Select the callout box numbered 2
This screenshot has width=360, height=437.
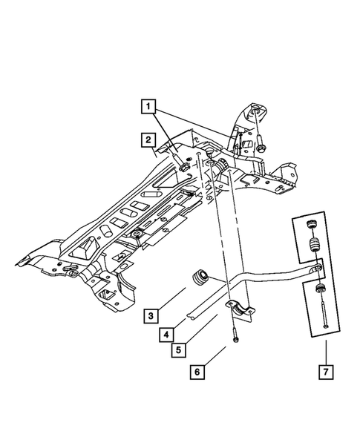pyautogui.click(x=148, y=139)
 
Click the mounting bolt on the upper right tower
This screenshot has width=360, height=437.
pyautogui.click(x=264, y=141)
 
